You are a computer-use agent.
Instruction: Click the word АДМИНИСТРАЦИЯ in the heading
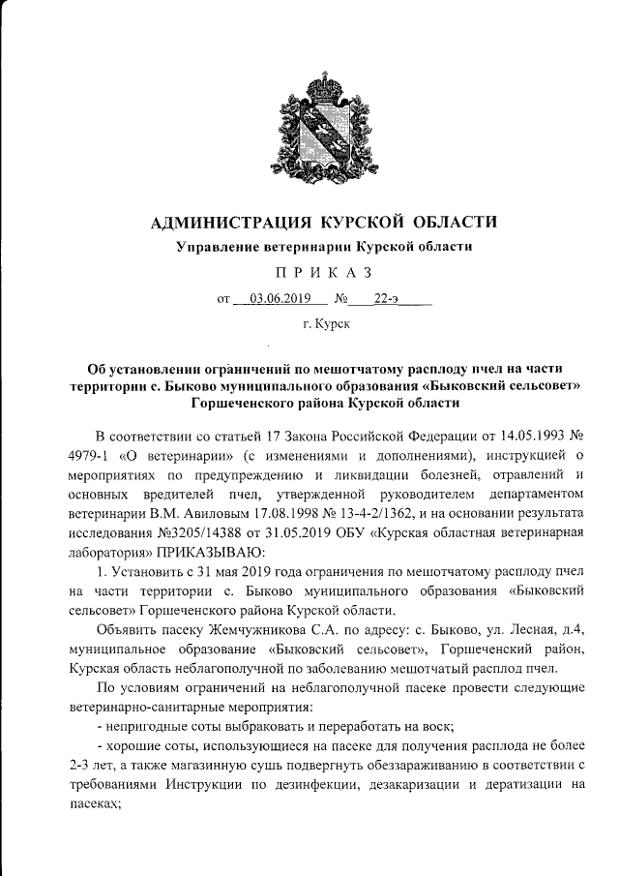[x=230, y=223]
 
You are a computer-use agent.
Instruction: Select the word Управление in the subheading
[x=220, y=247]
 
